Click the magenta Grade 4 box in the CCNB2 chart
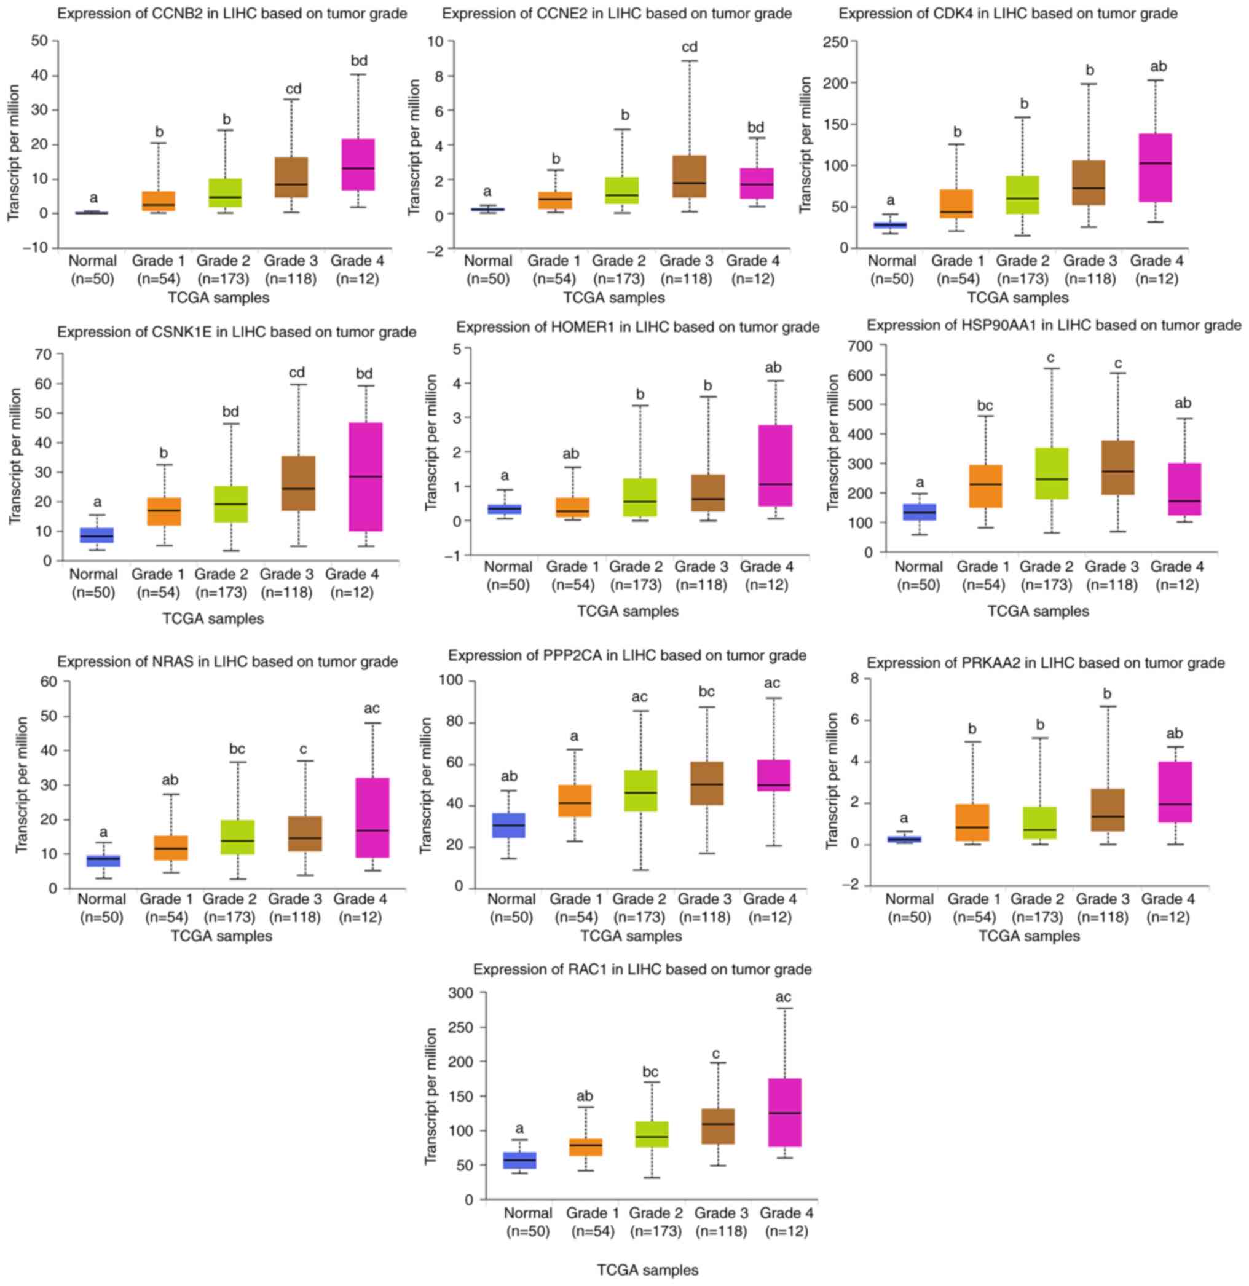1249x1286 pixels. [x=358, y=164]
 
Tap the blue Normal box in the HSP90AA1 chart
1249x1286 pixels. [x=919, y=512]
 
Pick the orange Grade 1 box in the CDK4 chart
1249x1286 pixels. [x=957, y=203]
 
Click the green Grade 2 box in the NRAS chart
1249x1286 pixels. [x=237, y=837]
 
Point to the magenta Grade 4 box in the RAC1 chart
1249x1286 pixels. [x=784, y=1112]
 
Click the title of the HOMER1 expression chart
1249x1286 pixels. [x=637, y=327]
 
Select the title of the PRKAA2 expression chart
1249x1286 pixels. [x=1046, y=663]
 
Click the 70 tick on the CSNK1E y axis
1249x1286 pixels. [x=44, y=354]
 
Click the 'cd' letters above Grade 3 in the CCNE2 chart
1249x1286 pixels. [x=690, y=47]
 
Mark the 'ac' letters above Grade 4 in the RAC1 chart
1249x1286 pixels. [x=783, y=997]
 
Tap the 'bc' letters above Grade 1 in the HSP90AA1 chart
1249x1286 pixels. [x=985, y=406]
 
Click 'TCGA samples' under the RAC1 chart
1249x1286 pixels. [x=647, y=1269]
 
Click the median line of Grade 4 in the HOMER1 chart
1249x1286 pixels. [x=775, y=484]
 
